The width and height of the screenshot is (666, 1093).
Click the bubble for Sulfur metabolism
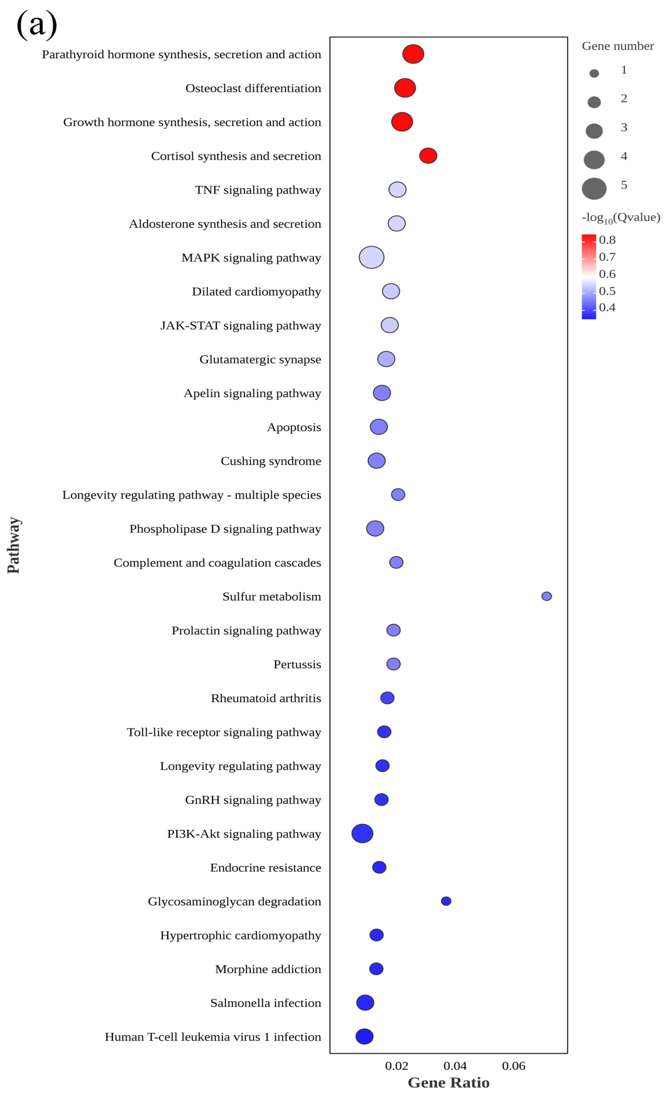[546, 596]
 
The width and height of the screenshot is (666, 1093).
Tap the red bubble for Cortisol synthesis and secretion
[428, 156]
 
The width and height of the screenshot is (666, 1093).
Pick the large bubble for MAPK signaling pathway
[371, 257]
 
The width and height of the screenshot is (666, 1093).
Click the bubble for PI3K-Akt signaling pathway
[362, 833]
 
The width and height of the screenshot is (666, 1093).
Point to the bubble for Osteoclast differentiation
[405, 88]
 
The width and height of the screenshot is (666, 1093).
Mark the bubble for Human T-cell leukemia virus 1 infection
[364, 1037]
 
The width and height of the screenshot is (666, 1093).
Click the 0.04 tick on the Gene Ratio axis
[455, 1066]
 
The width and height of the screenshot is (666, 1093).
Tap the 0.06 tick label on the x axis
[514, 1066]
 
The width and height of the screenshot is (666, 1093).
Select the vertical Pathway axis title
[13, 545]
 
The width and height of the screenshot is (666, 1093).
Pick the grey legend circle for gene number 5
[594, 188]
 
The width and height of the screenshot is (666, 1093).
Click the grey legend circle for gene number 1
[594, 74]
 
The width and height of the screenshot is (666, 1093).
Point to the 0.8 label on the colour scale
[607, 240]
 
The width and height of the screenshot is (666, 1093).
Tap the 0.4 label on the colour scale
[607, 307]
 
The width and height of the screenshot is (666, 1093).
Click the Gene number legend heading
[617, 46]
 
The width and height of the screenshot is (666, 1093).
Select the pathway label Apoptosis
[294, 427]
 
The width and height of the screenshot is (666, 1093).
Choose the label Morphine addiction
[268, 969]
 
